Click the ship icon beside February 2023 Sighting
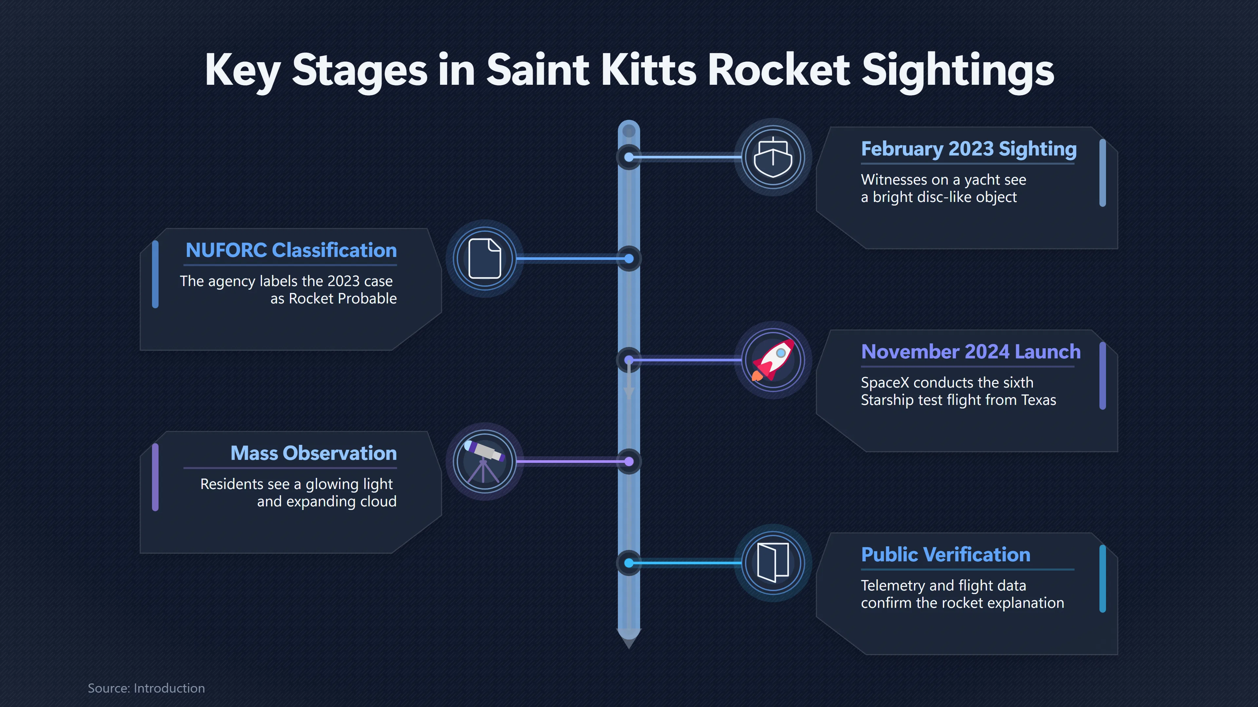773,157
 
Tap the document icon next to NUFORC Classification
485,259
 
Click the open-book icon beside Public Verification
773,563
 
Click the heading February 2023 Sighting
968,149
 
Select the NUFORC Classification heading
291,250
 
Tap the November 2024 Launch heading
971,352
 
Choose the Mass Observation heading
314,453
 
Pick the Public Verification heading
945,555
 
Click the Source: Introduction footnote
146,688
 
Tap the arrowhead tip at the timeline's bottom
629,648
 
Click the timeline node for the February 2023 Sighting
629,157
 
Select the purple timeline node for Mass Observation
629,462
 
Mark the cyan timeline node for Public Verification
629,563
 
